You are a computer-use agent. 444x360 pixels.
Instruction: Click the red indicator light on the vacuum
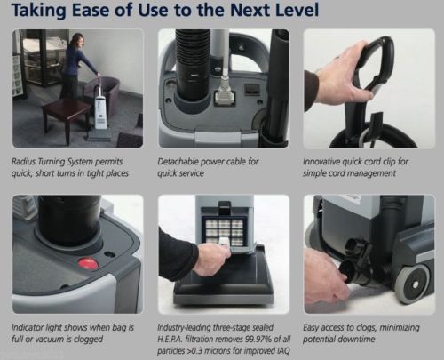click(88, 263)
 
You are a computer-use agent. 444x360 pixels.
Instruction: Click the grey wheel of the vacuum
click(413, 284)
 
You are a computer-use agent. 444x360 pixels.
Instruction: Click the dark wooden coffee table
click(67, 118)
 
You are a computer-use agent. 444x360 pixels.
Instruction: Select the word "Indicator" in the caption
click(27, 327)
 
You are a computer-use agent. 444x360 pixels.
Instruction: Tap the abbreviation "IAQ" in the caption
click(283, 351)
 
